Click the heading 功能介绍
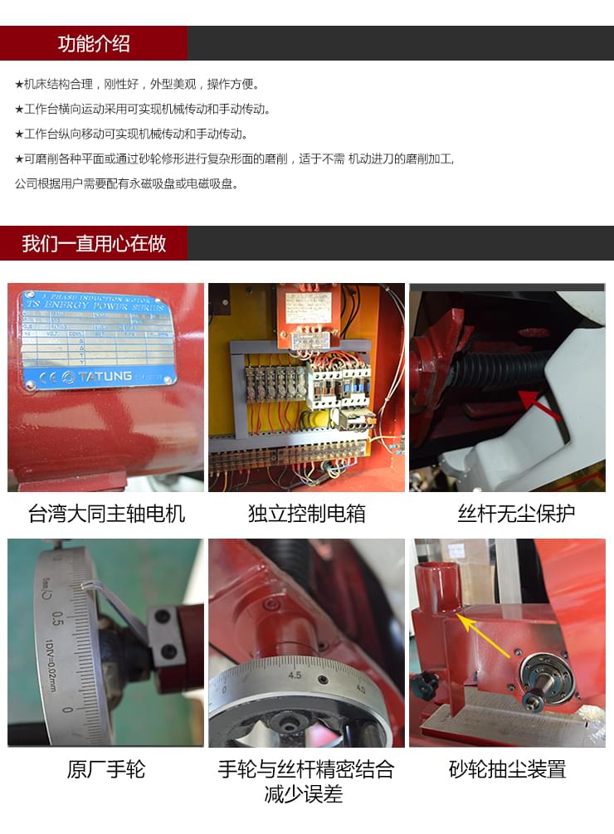tap(94, 44)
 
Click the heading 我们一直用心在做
tap(94, 244)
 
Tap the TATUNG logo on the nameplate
tap(99, 377)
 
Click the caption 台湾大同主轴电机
tap(106, 514)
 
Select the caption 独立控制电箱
tap(306, 514)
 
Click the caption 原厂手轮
tap(105, 770)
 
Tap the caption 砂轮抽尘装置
tap(507, 770)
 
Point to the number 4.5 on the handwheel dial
tap(295, 675)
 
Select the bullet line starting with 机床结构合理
tap(138, 84)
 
